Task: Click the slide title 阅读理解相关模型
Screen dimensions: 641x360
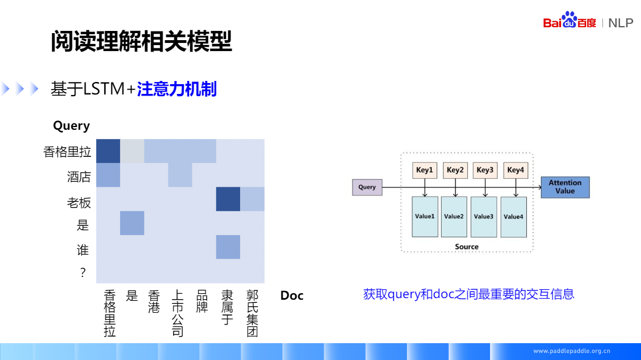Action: point(141,41)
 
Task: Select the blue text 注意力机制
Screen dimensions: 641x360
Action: point(177,89)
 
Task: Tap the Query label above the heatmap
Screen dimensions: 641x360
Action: point(71,126)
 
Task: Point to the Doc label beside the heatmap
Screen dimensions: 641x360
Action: point(292,295)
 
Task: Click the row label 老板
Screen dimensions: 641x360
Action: point(79,203)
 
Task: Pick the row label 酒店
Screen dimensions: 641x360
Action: point(79,177)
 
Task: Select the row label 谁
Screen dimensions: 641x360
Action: point(83,250)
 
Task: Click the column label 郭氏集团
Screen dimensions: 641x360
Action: point(252,313)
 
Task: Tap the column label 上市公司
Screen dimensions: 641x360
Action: point(177,313)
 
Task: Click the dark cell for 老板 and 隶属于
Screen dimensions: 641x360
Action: point(228,199)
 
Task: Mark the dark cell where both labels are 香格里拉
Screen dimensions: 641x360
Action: point(108,151)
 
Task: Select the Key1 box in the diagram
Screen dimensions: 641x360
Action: point(425,170)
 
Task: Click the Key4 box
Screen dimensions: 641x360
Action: point(516,170)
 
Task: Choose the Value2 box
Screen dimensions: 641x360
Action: point(454,216)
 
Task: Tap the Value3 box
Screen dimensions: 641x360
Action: point(483,216)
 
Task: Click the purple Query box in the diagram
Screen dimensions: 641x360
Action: point(367,187)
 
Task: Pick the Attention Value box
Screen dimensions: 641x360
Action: point(565,187)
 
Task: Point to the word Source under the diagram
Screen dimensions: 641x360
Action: point(467,247)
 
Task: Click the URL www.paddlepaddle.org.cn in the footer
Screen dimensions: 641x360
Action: point(571,351)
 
